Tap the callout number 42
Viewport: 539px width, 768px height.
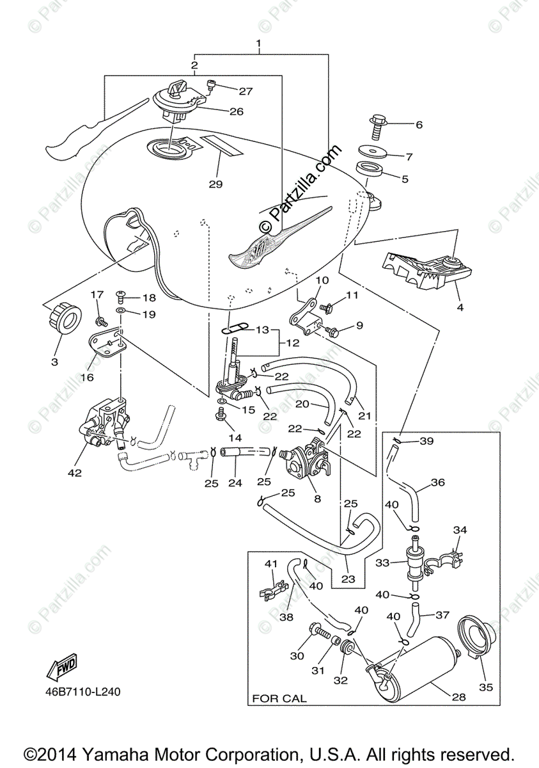pyautogui.click(x=75, y=473)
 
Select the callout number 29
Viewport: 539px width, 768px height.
pyautogui.click(x=215, y=184)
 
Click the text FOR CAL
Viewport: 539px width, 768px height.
pyautogui.click(x=279, y=698)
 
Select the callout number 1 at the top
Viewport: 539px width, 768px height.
pyautogui.click(x=259, y=44)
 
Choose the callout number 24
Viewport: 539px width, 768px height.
pyautogui.click(x=235, y=483)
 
